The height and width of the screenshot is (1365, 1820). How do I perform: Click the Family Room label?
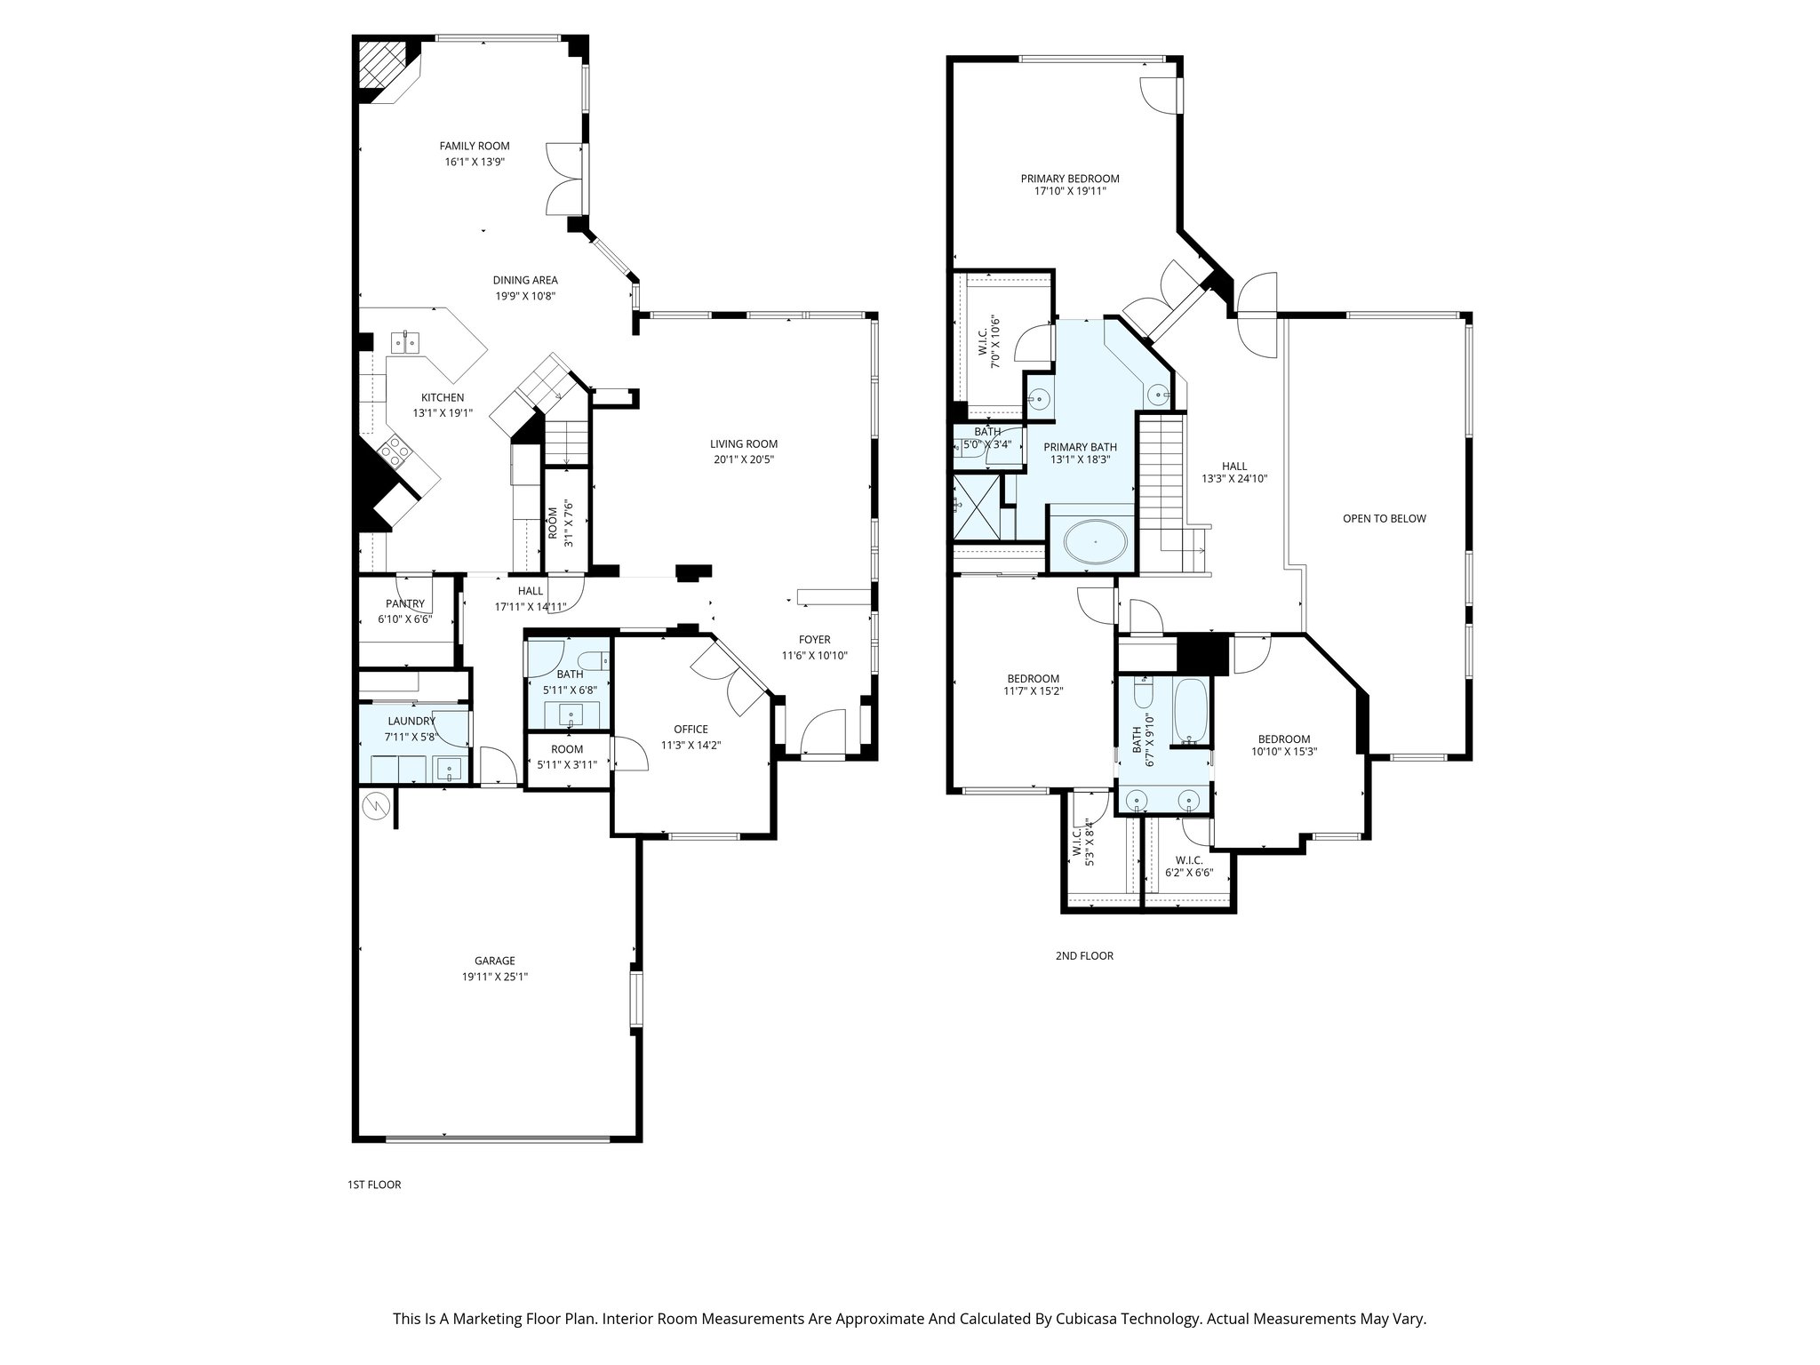pos(475,146)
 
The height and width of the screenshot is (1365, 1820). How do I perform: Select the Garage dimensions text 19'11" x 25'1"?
pos(494,977)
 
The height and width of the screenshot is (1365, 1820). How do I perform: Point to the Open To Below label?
pos(1384,518)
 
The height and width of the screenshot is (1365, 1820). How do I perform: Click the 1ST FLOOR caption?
pos(374,1185)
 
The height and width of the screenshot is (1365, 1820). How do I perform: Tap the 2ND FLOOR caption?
pos(1083,956)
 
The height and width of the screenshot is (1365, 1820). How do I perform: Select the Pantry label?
pos(405,603)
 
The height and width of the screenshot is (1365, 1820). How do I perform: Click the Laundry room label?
pos(411,721)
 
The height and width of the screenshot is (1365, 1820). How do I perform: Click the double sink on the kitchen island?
pos(406,342)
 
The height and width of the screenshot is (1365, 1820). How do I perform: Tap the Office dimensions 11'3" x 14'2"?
pos(690,746)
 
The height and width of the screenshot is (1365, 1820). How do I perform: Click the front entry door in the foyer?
pos(822,734)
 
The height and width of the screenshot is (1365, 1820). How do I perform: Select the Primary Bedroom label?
pos(1070,179)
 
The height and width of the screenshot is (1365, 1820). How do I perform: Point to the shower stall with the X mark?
pos(974,507)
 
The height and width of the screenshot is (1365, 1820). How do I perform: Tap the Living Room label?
pos(744,444)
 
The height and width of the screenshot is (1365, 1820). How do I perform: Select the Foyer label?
pos(814,640)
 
